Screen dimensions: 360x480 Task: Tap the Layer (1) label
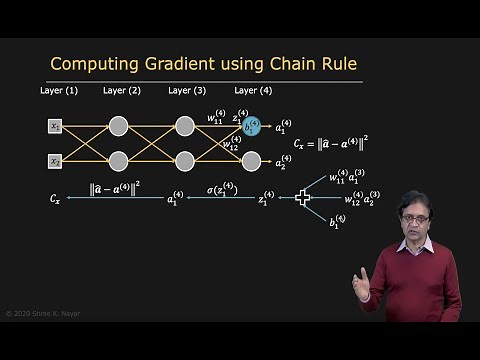click(57, 91)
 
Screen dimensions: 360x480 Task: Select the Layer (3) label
click(185, 91)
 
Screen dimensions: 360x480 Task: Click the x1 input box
click(56, 126)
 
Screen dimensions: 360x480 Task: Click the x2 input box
click(56, 161)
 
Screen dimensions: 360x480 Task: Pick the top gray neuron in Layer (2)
click(119, 126)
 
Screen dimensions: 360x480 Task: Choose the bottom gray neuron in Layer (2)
click(119, 161)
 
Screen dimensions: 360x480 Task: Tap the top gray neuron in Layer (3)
click(185, 126)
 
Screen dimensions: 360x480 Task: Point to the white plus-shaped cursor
click(303, 198)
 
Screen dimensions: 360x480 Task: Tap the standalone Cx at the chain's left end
click(55, 200)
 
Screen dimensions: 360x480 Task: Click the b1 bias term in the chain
click(337, 221)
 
